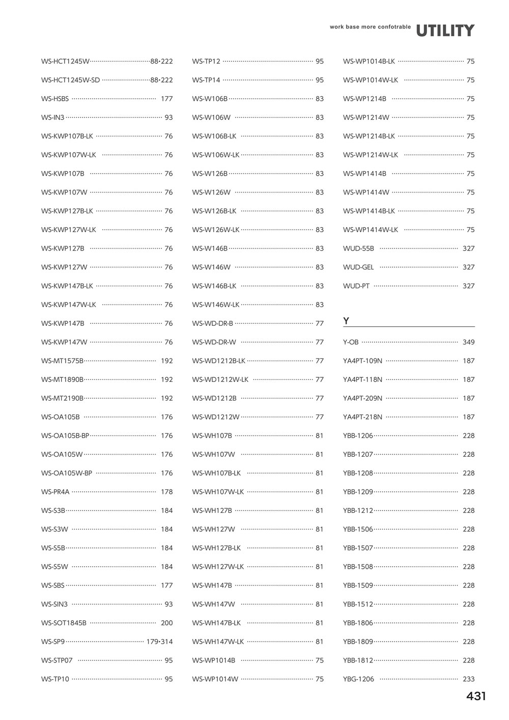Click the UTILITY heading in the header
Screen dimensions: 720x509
445,31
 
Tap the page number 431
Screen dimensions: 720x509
476,697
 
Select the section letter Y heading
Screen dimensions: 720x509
346,321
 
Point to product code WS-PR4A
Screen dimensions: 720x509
55,492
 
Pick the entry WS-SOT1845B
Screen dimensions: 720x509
64,623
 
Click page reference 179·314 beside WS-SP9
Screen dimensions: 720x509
159,642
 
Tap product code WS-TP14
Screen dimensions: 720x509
206,80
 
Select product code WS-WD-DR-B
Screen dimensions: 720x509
212,323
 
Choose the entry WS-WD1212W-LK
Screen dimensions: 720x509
220,379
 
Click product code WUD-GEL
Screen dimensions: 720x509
358,267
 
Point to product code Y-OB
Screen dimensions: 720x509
351,342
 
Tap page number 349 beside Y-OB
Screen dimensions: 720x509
468,342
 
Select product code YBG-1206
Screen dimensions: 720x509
358,679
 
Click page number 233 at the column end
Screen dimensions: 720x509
468,679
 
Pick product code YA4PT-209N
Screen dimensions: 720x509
362,398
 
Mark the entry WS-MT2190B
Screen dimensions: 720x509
62,398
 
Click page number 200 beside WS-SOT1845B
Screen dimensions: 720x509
166,623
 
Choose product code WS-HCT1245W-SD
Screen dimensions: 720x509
71,80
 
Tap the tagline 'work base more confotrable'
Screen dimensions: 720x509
370,26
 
